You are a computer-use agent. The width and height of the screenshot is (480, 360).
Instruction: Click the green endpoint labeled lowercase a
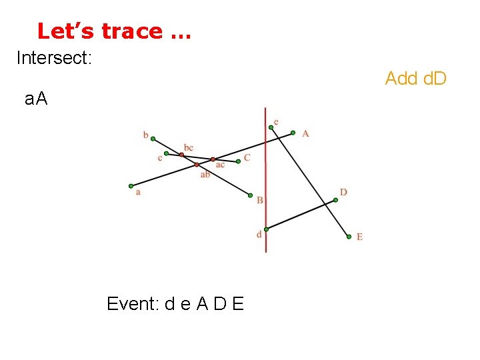click(x=131, y=186)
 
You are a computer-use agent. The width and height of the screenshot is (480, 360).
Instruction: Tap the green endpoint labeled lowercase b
click(x=153, y=139)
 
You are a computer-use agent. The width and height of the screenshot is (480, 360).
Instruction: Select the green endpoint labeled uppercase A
click(x=293, y=133)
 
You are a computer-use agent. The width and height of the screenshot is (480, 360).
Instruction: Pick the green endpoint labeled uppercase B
click(x=250, y=195)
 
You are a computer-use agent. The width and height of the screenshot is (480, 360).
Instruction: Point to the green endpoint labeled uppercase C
click(x=239, y=161)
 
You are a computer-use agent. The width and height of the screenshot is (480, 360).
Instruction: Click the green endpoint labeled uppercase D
click(x=335, y=199)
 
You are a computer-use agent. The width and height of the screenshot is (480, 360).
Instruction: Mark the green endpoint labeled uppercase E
click(x=349, y=236)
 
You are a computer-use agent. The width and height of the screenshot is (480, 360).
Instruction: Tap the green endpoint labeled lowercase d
click(x=266, y=229)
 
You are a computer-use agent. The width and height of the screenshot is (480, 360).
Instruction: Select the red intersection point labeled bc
click(x=181, y=155)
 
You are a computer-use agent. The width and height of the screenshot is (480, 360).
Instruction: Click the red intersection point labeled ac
click(x=213, y=159)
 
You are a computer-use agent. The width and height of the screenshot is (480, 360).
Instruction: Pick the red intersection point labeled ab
click(x=197, y=165)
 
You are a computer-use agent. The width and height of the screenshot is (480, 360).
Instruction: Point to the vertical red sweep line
click(x=265, y=180)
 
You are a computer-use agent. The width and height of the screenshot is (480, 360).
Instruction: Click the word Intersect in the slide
click(x=53, y=58)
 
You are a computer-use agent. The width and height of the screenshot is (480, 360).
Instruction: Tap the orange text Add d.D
click(x=415, y=79)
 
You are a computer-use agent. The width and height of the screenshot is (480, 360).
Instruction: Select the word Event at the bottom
click(x=132, y=305)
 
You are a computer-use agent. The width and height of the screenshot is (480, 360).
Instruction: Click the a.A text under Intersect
click(x=36, y=100)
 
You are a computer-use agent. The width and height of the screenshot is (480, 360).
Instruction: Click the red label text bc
click(x=189, y=147)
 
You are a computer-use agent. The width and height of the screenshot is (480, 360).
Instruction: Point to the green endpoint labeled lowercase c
click(x=166, y=154)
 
